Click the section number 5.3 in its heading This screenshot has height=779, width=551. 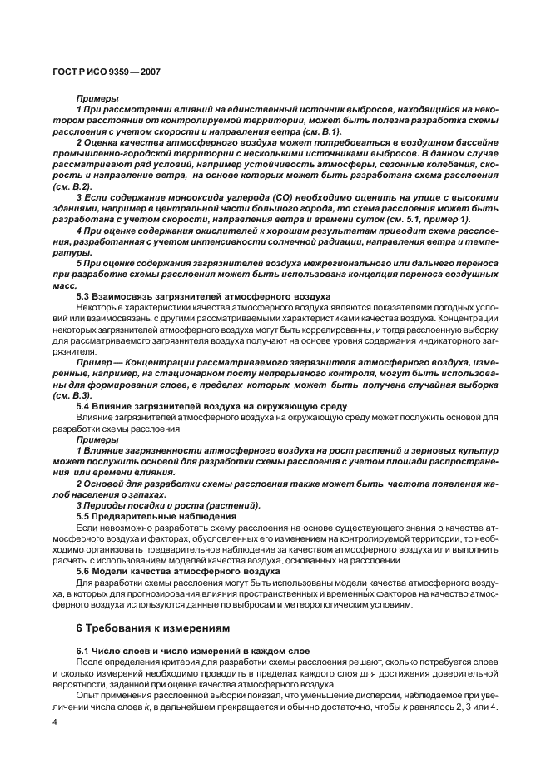[85, 296]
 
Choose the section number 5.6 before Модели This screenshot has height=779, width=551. [85, 572]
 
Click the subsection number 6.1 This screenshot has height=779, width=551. [85, 649]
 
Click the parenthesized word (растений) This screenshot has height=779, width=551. [237, 506]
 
